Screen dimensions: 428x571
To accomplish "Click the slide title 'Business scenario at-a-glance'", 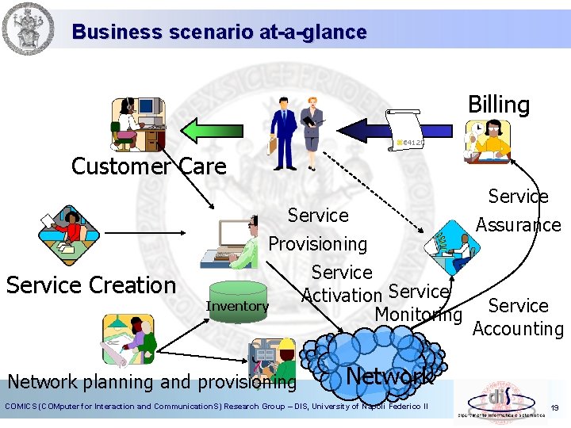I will [x=219, y=32].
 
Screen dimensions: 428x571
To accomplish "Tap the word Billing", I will [x=498, y=105].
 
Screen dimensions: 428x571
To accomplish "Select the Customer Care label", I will [x=148, y=166].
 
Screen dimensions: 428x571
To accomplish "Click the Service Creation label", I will [x=90, y=285].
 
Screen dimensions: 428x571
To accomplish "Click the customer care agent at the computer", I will [x=138, y=124].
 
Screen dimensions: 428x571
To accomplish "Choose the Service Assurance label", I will [x=518, y=210].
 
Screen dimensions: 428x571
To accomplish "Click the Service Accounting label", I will [x=518, y=317].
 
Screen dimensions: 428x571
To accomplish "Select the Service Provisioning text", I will [x=318, y=229].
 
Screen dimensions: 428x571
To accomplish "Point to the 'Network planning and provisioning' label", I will [x=151, y=382].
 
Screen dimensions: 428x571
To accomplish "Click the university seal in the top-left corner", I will [x=28, y=29].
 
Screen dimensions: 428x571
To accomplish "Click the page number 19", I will [x=554, y=407].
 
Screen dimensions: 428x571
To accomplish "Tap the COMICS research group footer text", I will [x=217, y=407].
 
